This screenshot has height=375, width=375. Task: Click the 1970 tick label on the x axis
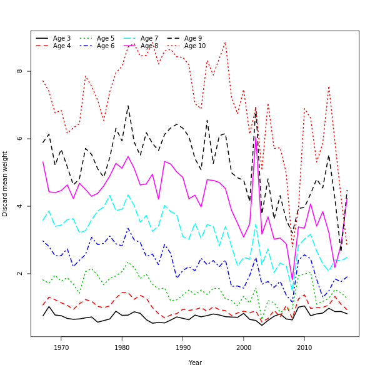pos(61,347)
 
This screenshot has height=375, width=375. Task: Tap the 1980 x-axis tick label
pos(122,347)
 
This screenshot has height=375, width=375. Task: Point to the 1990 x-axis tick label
pos(182,347)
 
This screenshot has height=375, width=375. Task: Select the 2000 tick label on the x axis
pos(244,347)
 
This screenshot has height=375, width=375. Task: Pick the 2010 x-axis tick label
pos(304,347)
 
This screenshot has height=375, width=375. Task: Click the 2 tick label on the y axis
pos(20,274)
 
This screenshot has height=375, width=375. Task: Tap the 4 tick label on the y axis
pos(20,206)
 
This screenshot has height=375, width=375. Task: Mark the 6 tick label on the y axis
pos(20,139)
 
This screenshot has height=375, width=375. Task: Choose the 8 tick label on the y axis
pos(20,71)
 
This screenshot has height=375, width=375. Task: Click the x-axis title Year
pos(195,362)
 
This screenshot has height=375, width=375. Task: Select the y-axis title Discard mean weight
pos(6,184)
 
